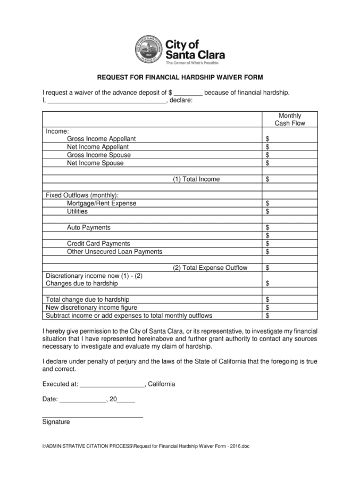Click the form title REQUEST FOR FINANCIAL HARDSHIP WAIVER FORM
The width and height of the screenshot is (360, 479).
pyautogui.click(x=180, y=77)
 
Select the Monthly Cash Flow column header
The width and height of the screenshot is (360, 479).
pyautogui.click(x=289, y=119)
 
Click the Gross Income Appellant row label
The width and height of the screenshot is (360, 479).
pyautogui.click(x=102, y=139)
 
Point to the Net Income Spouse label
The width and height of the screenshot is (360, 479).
pyautogui.click(x=95, y=163)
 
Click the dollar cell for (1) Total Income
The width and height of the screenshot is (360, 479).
pyautogui.click(x=289, y=179)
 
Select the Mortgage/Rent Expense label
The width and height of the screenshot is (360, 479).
pyautogui.click(x=102, y=203)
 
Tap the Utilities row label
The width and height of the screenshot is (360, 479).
pyautogui.click(x=78, y=211)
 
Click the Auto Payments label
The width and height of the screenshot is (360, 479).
pyautogui.click(x=89, y=227)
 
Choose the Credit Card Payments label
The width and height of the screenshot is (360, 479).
pyautogui.click(x=98, y=244)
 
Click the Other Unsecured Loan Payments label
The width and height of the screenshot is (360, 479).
pyautogui.click(x=114, y=252)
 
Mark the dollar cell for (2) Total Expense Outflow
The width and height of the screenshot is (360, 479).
pyautogui.click(x=289, y=268)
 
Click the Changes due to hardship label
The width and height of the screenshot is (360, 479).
pyautogui.click(x=82, y=284)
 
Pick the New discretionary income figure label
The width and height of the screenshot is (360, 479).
pyautogui.click(x=91, y=308)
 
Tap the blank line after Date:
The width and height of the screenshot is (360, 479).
pyautogui.click(x=83, y=400)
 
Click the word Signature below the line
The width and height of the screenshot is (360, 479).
pyautogui.click(x=56, y=422)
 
